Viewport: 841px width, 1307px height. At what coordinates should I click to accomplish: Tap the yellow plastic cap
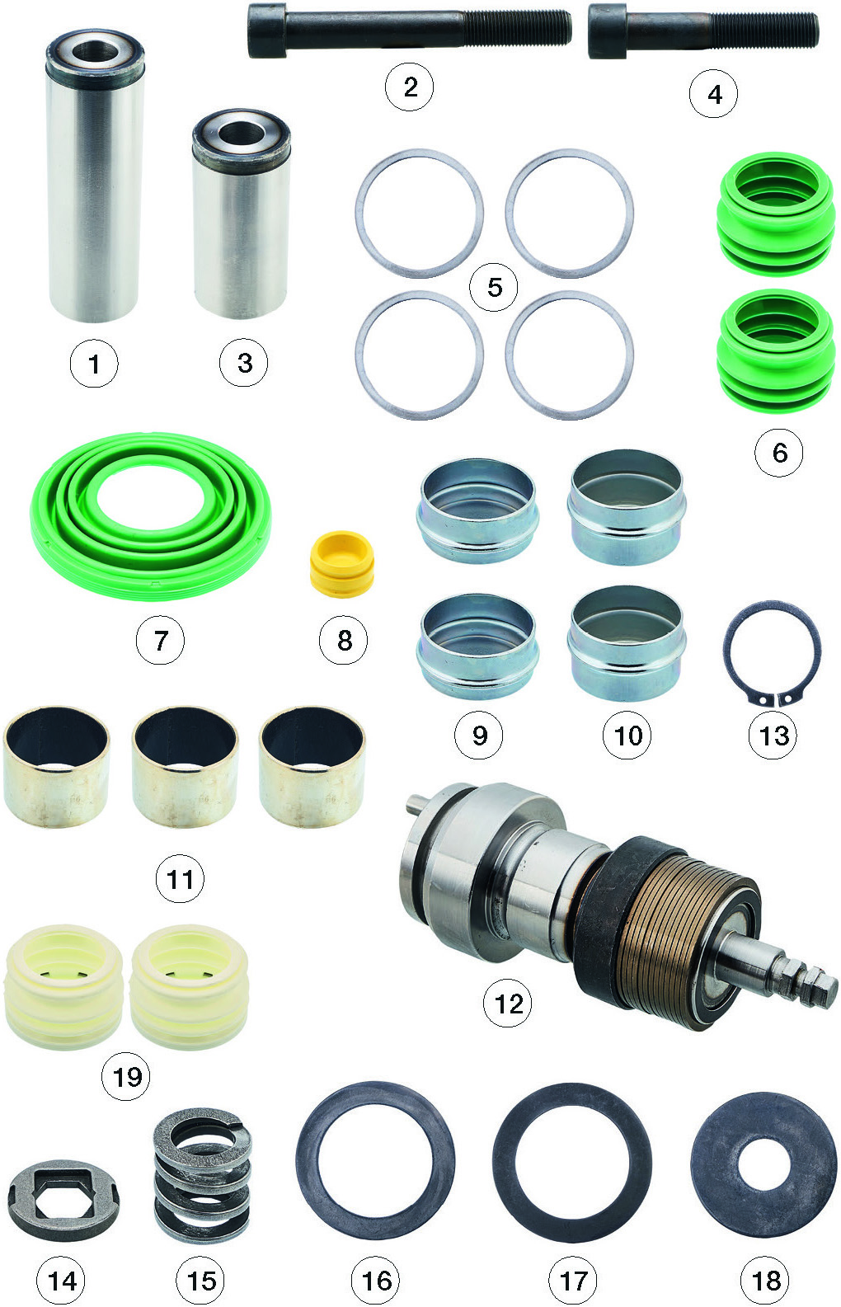tap(341, 564)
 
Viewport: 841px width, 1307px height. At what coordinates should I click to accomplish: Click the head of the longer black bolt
tap(267, 31)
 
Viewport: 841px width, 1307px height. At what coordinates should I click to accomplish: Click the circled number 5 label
tap(494, 287)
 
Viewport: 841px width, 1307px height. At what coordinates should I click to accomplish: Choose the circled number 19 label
tap(126, 1076)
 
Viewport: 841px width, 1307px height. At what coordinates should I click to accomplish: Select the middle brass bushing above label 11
tap(185, 767)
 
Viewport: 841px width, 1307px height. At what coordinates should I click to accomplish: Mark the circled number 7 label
tap(160, 640)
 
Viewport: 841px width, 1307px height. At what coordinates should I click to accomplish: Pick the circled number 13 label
tap(773, 735)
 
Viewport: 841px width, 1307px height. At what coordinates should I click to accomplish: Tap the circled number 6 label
tap(778, 452)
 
